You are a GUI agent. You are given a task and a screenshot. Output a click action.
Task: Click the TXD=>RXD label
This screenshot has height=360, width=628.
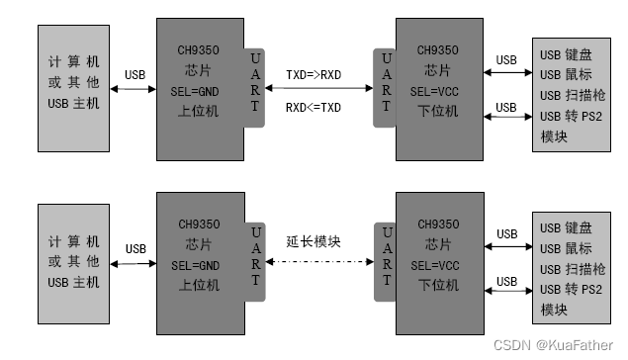click(x=314, y=75)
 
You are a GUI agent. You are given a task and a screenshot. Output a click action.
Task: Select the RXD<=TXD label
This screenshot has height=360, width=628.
click(x=314, y=107)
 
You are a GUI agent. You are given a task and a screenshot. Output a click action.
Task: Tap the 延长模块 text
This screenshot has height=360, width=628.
click(x=314, y=241)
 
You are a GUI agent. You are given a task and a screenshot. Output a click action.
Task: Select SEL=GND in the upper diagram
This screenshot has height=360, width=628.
click(x=194, y=92)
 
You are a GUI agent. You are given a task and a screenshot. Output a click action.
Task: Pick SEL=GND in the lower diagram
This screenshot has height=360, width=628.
click(x=194, y=265)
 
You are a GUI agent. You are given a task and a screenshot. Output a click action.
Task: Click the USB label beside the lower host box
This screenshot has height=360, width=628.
click(x=135, y=248)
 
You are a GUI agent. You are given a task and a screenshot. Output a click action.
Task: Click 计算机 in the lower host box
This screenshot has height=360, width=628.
click(x=74, y=240)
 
